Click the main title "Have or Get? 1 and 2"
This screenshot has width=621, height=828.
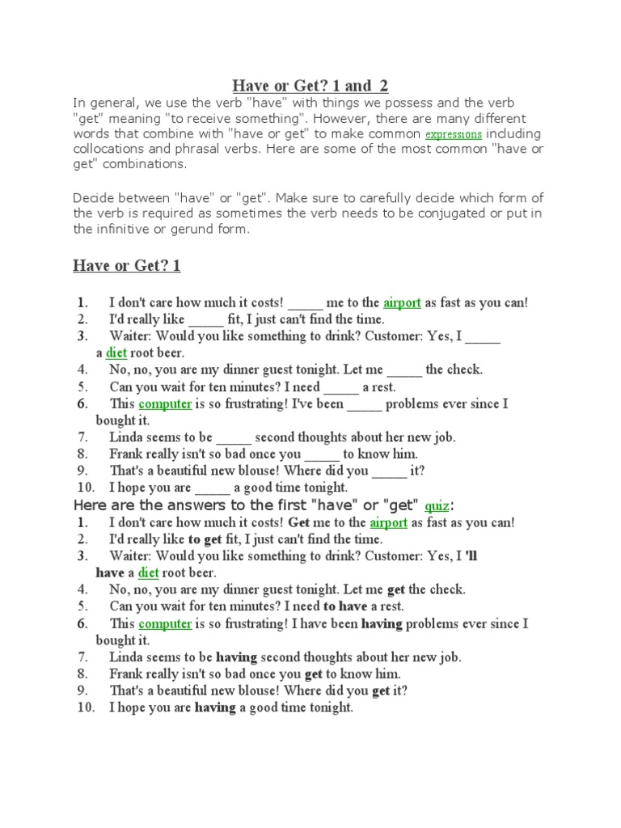310,86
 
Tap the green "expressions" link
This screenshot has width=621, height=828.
454,134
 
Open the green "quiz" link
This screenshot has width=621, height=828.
437,505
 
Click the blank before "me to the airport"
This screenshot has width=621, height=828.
305,303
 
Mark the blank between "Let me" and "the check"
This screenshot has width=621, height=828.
404,370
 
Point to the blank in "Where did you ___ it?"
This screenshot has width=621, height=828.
390,471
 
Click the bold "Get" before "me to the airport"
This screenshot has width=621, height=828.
299,522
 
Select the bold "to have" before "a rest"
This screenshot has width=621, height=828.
346,606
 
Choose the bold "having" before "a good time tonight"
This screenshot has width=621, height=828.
214,708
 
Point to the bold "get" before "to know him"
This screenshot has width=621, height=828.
315,674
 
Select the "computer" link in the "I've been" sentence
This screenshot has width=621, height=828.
165,403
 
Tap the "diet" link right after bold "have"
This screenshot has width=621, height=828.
148,573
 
